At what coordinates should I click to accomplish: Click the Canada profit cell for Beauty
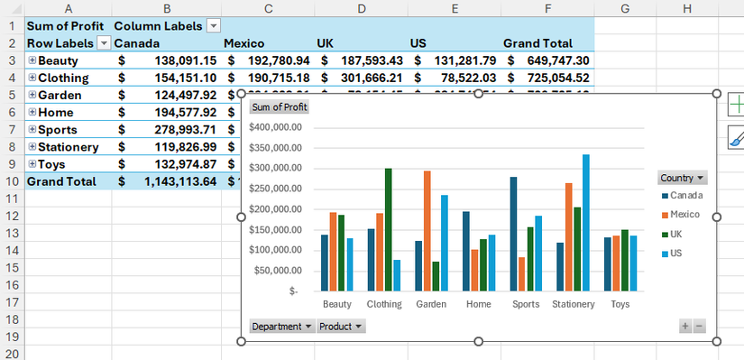point(167,60)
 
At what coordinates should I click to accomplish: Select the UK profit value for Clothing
point(361,78)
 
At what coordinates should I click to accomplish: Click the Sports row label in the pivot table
point(58,129)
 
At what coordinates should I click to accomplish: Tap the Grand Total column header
point(537,43)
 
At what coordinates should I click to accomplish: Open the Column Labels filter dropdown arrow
point(213,26)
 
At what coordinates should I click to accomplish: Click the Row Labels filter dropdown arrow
point(104,43)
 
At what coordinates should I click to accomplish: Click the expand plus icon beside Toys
point(32,163)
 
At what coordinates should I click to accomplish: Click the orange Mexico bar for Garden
point(427,230)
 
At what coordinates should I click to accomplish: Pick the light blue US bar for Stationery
point(585,222)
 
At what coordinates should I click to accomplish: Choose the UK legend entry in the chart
point(676,234)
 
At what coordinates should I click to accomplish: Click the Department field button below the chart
point(282,326)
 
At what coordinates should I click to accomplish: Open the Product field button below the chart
point(341,326)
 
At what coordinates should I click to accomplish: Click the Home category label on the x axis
point(478,304)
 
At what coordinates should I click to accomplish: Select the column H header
point(687,8)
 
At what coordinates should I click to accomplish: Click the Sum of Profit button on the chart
point(280,107)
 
